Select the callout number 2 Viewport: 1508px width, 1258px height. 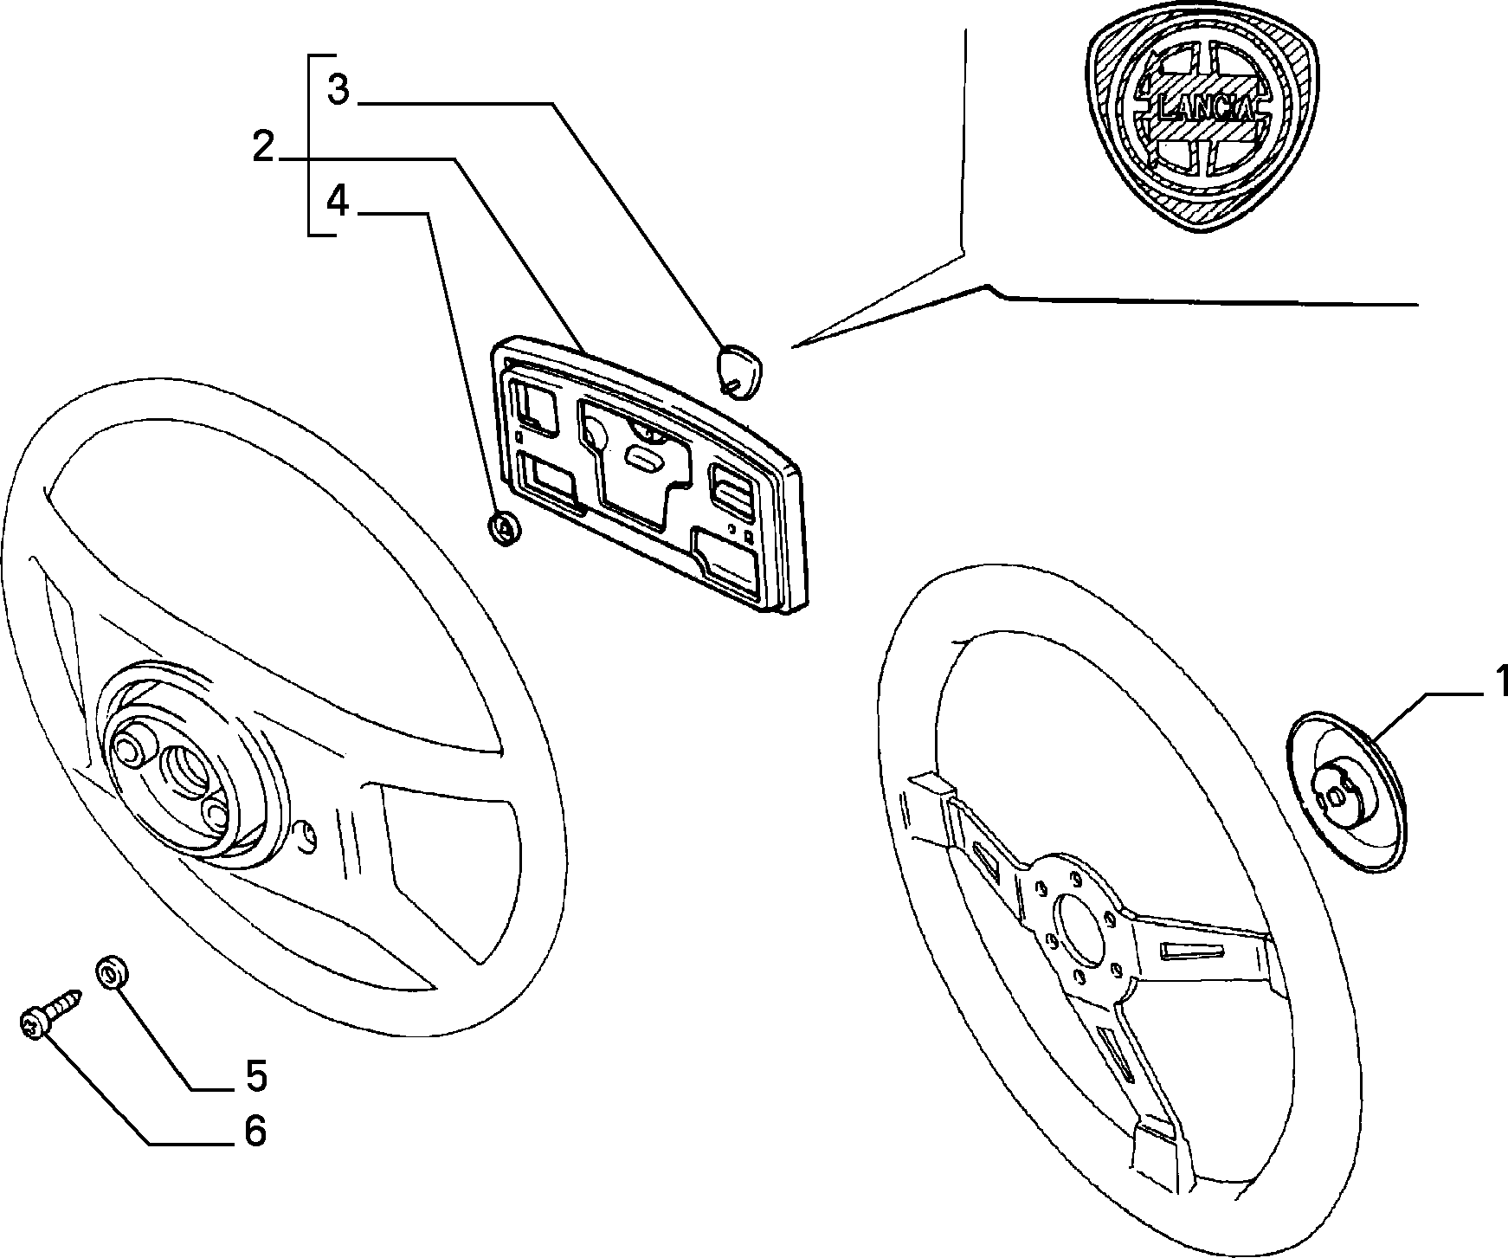(x=263, y=147)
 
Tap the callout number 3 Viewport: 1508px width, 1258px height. (x=338, y=88)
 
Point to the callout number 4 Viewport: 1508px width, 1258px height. (x=338, y=202)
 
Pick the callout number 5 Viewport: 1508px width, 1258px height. (x=255, y=1076)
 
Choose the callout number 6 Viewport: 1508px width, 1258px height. (x=255, y=1131)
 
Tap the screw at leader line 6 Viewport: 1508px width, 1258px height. (x=49, y=1016)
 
